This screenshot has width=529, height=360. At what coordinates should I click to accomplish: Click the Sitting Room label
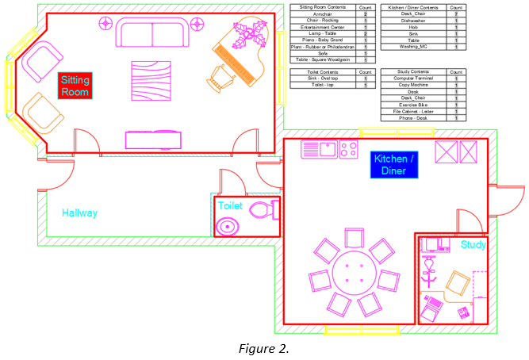(75, 86)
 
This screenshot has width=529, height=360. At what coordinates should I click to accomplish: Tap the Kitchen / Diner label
(393, 164)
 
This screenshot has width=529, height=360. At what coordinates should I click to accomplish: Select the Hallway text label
(80, 213)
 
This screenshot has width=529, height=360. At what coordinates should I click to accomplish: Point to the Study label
(473, 245)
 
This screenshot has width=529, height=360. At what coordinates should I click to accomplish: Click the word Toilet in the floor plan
(230, 205)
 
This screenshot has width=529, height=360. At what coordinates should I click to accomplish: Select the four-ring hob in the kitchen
(349, 148)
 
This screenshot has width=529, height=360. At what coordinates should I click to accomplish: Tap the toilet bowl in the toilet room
(263, 211)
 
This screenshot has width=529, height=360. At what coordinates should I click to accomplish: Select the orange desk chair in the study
(457, 283)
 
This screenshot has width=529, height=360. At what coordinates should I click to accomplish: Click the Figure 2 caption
(263, 348)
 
